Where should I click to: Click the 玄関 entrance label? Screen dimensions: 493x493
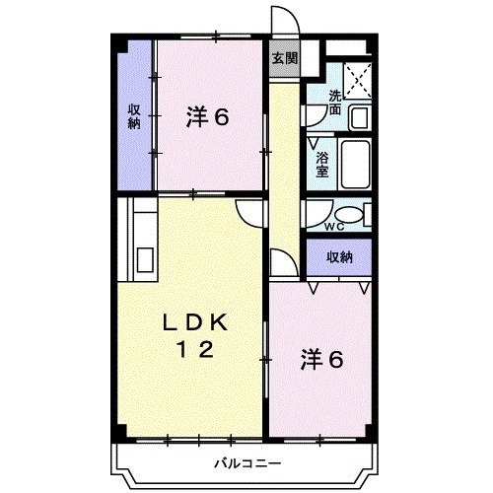tap(284, 57)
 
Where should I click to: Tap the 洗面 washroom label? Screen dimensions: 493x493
tap(336, 102)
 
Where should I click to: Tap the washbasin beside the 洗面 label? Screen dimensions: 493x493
tap(359, 116)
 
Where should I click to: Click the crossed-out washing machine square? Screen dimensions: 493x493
tap(356, 75)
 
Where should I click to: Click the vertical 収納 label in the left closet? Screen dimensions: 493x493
tap(132, 117)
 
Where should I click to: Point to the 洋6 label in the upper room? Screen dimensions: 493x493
tap(208, 117)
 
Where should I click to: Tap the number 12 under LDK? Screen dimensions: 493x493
tap(195, 348)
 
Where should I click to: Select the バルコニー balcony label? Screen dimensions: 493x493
tap(246, 463)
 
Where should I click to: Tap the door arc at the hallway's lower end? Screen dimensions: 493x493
tap(280, 261)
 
